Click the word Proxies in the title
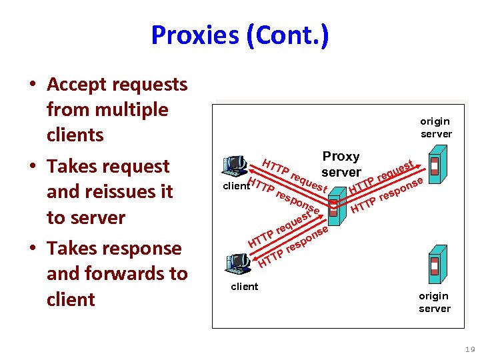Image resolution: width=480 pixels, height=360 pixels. (x=195, y=35)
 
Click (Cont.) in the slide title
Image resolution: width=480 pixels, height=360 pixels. (x=287, y=35)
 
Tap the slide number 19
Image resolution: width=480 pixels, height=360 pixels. (x=470, y=349)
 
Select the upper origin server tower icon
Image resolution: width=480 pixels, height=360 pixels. (x=435, y=167)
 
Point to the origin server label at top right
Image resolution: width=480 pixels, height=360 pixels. (x=435, y=127)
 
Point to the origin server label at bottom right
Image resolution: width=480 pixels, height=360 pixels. (x=435, y=302)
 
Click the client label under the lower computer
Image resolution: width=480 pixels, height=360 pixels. (x=244, y=287)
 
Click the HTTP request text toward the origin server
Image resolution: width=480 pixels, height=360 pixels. (x=384, y=173)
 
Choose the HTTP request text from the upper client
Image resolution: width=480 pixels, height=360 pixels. (x=294, y=174)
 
